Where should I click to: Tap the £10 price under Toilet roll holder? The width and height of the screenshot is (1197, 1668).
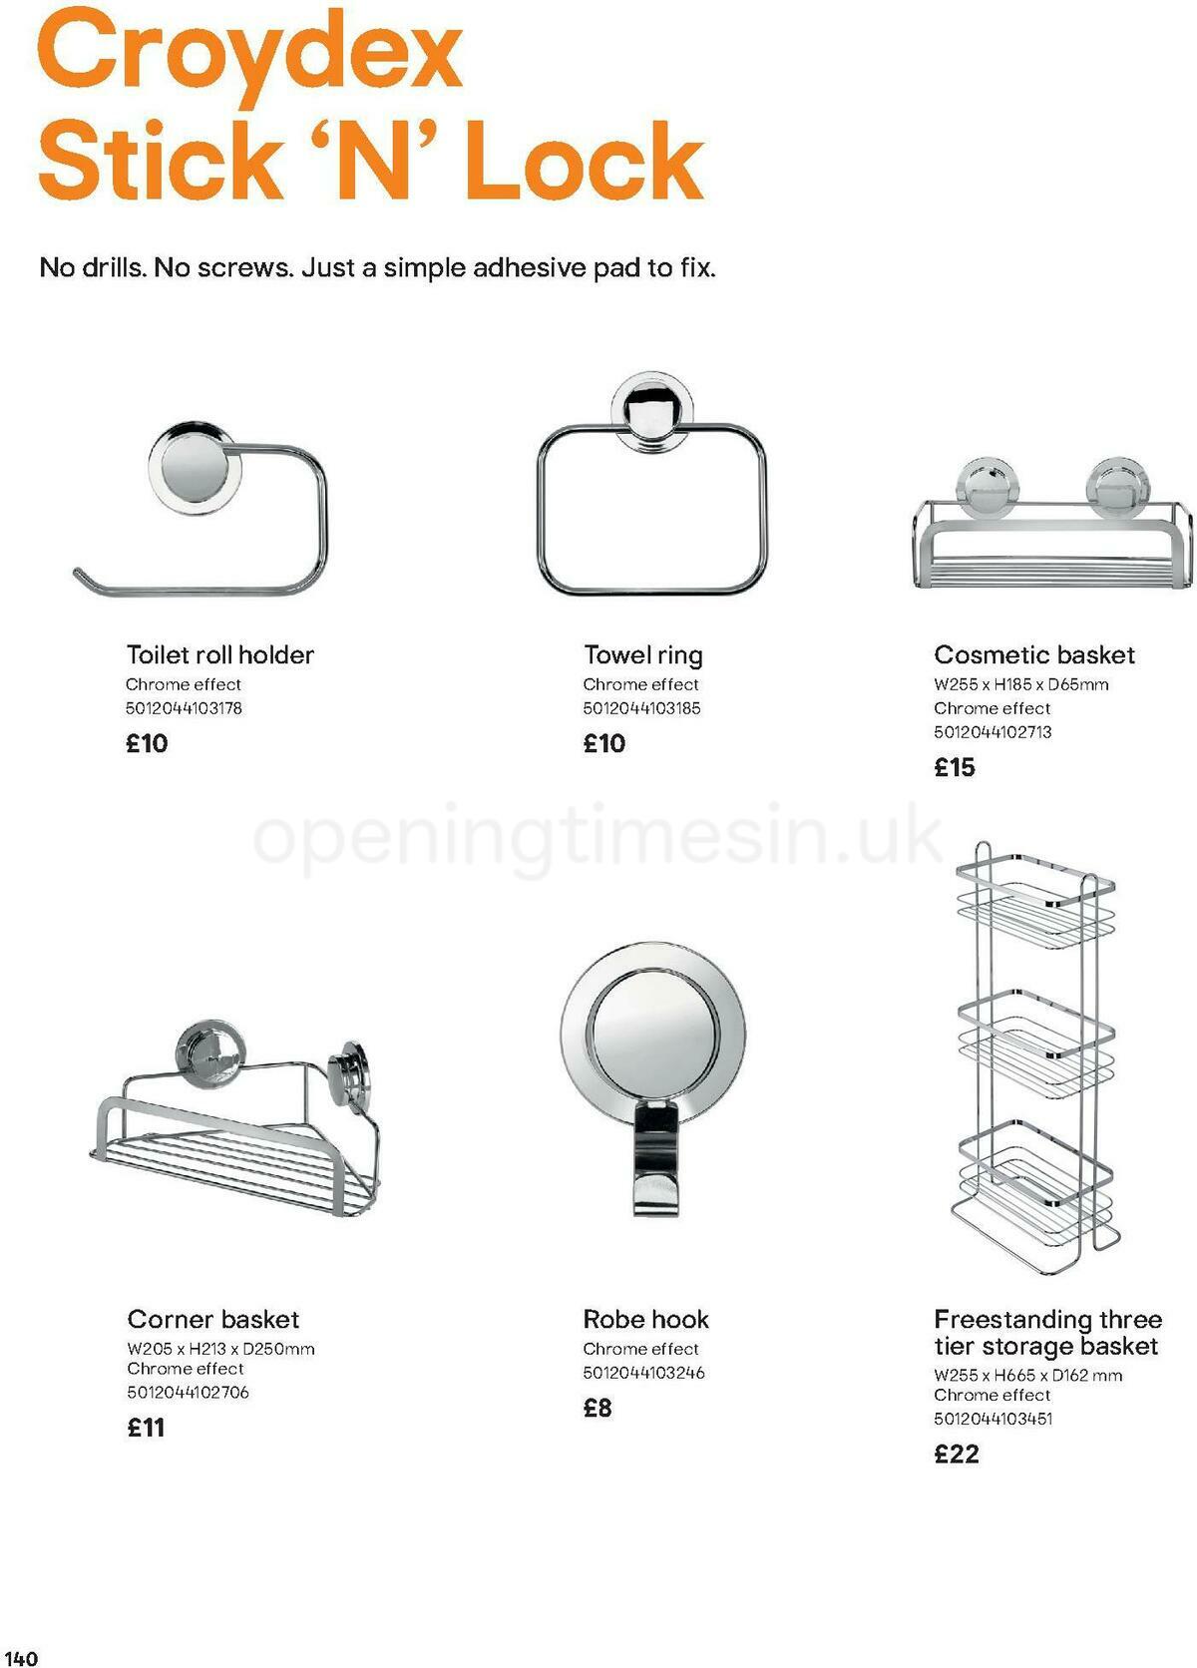click(x=147, y=743)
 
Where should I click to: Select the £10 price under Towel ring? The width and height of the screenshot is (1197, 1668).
click(x=604, y=743)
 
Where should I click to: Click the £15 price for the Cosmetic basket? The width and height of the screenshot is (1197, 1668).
click(x=955, y=767)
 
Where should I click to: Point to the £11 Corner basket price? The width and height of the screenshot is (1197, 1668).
click(x=146, y=1428)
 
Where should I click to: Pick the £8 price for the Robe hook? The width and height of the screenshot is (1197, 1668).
click(x=598, y=1408)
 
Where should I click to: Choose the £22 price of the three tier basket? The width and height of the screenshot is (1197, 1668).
click(x=957, y=1454)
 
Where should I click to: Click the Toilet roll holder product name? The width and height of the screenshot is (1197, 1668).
click(x=219, y=654)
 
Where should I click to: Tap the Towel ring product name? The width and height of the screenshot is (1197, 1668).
click(x=642, y=654)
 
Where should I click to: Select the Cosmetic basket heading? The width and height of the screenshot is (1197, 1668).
click(x=1034, y=654)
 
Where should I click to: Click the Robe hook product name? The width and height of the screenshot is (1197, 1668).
click(x=645, y=1319)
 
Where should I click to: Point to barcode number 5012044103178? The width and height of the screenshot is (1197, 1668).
click(x=184, y=708)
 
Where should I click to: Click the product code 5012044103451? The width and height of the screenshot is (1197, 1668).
click(x=993, y=1419)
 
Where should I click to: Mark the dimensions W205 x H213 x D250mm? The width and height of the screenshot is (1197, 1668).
click(x=220, y=1349)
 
